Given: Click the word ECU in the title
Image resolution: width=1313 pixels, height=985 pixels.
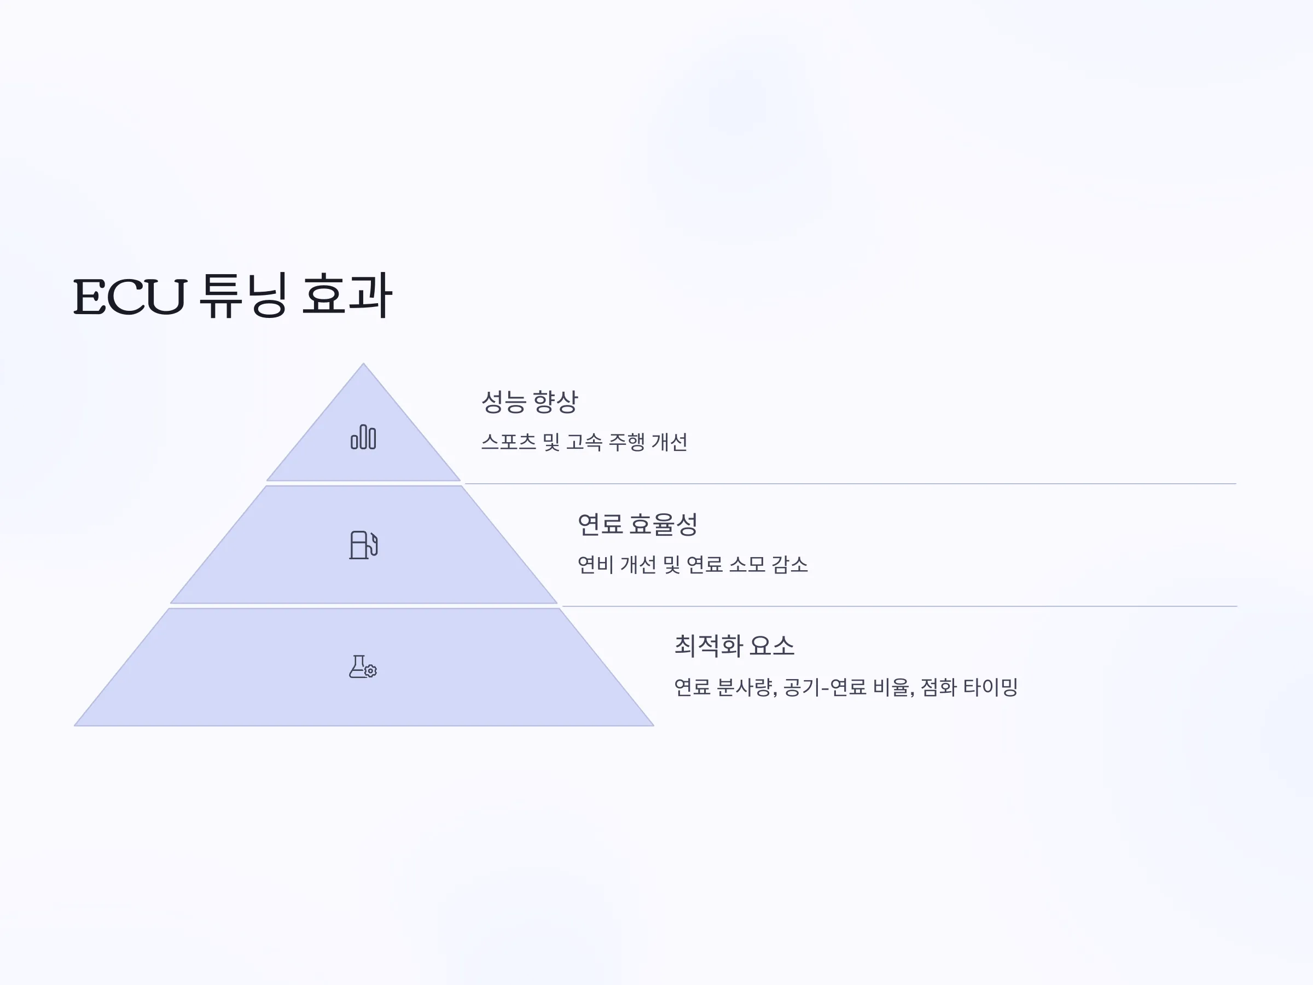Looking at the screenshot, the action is click(x=130, y=296).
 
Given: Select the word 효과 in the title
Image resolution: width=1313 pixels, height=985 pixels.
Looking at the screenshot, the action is click(x=347, y=295).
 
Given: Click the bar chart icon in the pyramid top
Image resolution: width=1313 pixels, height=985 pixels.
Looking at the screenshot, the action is click(x=363, y=437).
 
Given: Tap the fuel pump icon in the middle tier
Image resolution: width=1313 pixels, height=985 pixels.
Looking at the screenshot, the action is click(x=363, y=545).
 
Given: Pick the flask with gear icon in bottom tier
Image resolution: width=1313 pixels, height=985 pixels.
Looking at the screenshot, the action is click(x=363, y=667).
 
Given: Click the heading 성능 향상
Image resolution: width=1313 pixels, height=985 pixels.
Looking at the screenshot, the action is click(x=529, y=402).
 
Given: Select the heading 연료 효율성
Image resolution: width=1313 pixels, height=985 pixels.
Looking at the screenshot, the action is click(x=637, y=524).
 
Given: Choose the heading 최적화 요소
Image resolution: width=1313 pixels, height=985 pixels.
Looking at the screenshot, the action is click(x=734, y=645).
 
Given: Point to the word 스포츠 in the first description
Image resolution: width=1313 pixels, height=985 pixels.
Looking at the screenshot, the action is click(x=509, y=442).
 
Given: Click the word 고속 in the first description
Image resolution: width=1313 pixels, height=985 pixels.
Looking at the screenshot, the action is click(x=585, y=442).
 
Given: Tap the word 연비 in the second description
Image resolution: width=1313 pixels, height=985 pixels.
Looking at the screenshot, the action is click(x=596, y=565).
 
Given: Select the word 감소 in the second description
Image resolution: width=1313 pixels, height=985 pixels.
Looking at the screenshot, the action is click(x=789, y=565).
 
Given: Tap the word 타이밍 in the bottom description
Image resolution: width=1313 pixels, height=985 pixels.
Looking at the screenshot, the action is click(x=991, y=687).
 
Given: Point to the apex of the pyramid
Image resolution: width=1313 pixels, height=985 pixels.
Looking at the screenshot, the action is click(x=363, y=363).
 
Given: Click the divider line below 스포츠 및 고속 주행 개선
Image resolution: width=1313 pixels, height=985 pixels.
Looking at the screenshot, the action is click(x=850, y=484).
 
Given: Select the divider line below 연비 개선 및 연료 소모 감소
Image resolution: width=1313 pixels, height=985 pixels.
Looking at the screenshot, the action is click(x=899, y=606).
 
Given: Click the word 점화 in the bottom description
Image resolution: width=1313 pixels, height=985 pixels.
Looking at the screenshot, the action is click(x=938, y=687).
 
